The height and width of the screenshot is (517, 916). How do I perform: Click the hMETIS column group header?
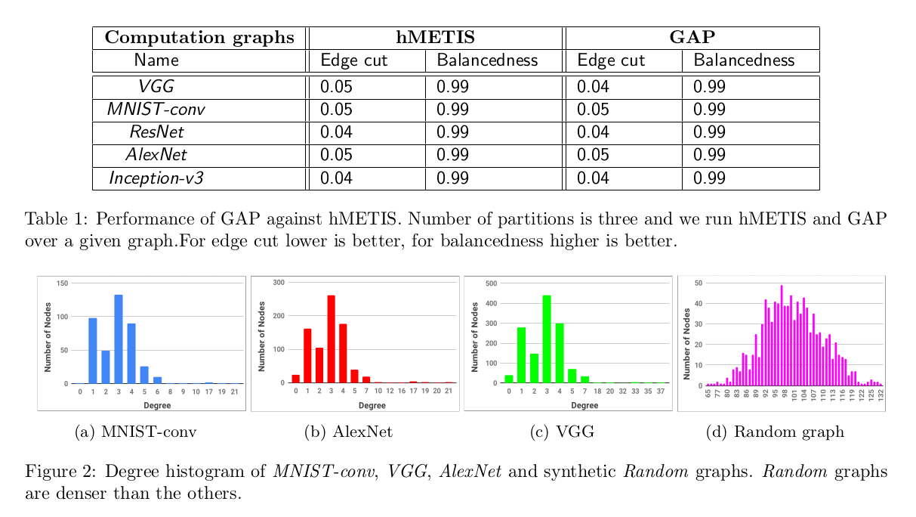tap(436, 38)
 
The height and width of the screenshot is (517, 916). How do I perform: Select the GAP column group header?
tap(692, 38)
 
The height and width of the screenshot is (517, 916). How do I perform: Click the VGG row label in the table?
tap(156, 87)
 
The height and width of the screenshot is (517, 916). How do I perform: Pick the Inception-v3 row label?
tap(156, 178)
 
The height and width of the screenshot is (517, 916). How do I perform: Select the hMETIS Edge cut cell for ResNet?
tap(336, 132)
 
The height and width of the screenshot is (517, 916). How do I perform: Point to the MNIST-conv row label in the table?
tap(156, 110)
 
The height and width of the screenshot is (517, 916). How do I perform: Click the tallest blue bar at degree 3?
tap(119, 339)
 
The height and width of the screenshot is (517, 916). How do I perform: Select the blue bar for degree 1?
tap(93, 351)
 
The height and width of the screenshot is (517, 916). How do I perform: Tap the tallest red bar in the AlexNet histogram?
tap(331, 339)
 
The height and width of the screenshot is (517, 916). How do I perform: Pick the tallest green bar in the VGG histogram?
tap(546, 339)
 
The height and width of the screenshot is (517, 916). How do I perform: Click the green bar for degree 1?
tap(522, 355)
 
